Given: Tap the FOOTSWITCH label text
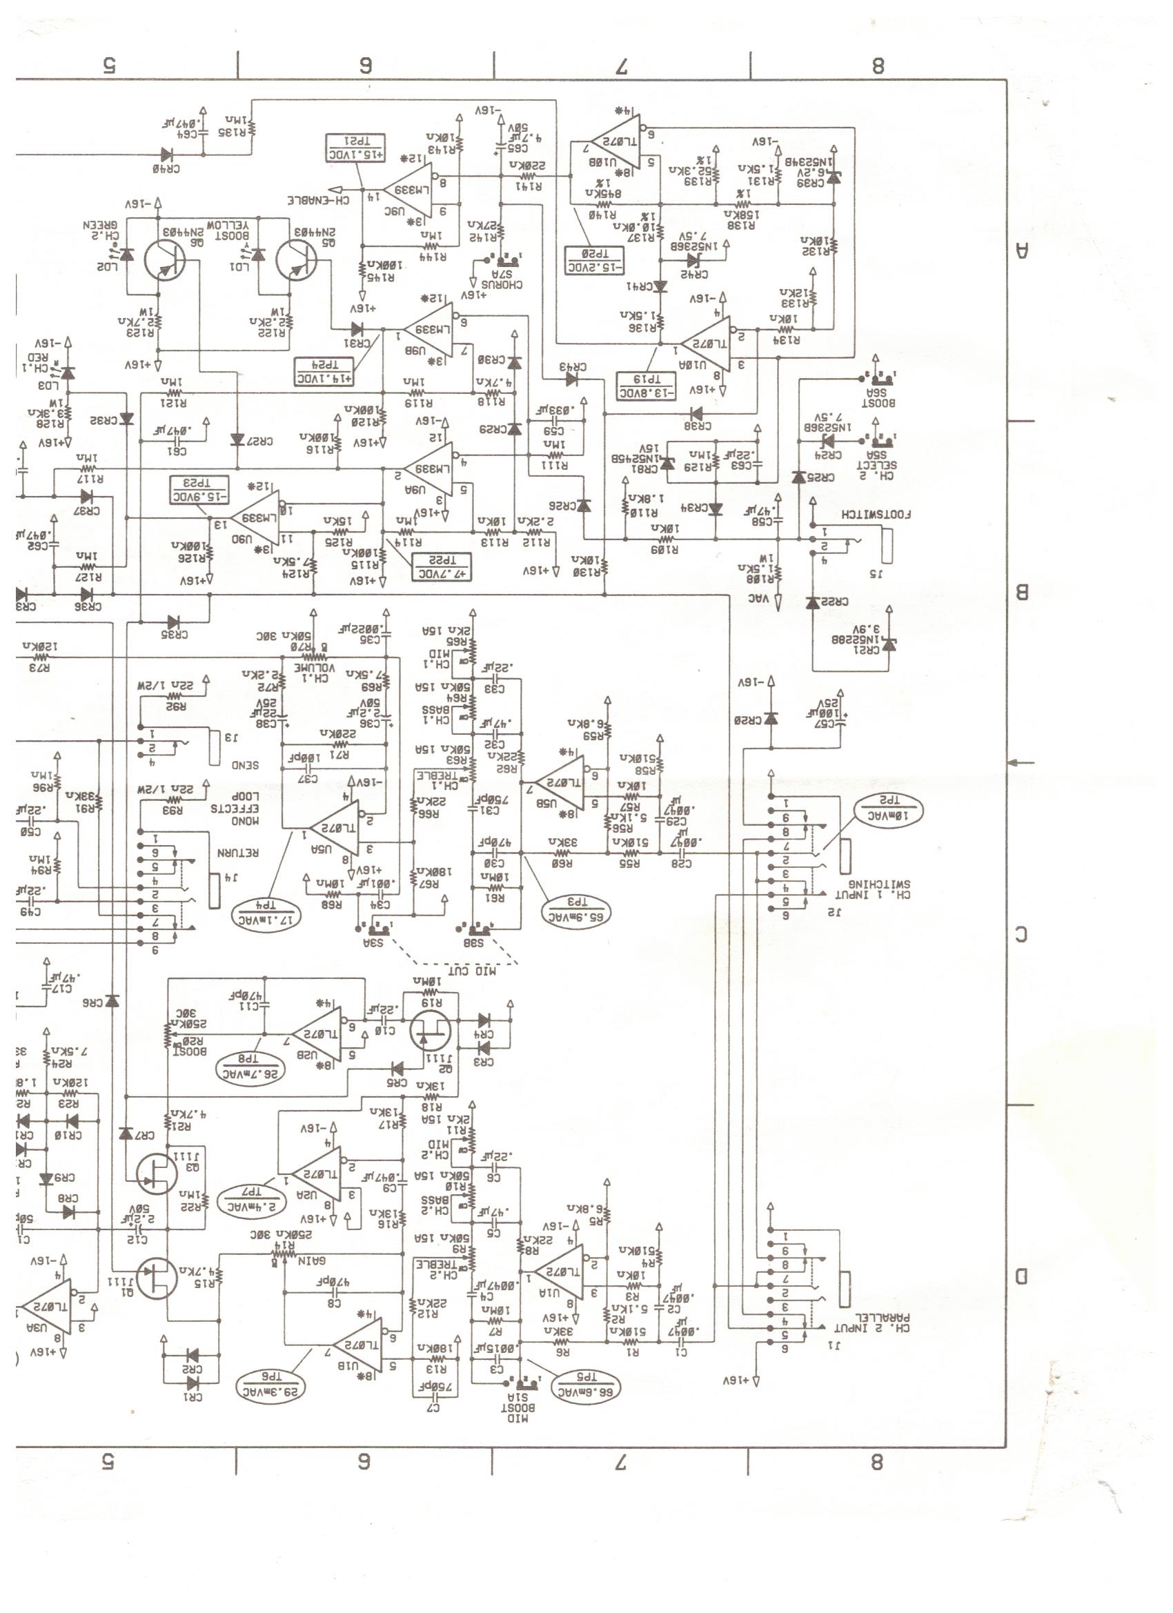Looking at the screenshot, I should [876, 513].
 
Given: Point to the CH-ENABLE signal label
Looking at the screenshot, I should [318, 201].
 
